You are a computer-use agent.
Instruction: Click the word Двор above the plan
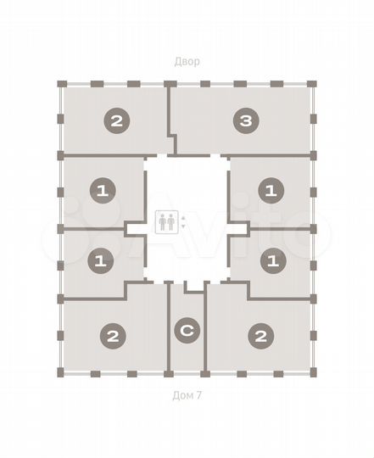187,62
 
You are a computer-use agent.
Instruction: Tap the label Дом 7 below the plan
187,395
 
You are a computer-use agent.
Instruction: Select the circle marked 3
245,121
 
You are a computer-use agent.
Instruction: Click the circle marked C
187,332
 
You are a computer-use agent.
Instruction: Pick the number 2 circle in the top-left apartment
116,121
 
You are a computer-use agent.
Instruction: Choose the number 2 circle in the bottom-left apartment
112,337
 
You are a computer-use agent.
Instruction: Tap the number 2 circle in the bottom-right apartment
260,337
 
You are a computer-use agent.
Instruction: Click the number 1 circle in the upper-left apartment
102,192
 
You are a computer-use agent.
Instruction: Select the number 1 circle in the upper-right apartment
271,191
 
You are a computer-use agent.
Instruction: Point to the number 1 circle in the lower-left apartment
100,261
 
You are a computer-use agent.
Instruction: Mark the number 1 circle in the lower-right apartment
271,261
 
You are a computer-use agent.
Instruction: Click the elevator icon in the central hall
167,222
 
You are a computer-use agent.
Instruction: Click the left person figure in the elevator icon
163,222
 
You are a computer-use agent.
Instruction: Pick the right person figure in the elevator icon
171,222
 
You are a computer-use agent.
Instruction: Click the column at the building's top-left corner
61,84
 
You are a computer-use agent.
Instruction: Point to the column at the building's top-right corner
312,84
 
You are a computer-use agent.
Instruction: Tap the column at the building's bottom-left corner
61,373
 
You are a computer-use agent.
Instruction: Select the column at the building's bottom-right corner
312,373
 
